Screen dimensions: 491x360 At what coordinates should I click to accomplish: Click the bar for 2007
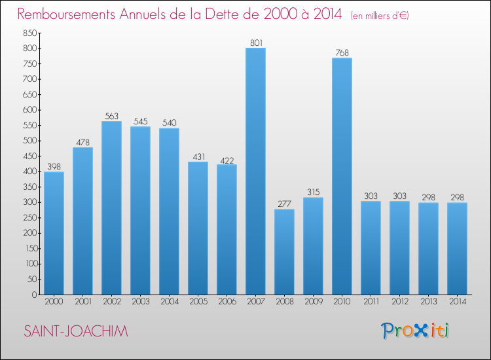pos(255,171)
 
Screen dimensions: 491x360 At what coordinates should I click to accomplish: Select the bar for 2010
pos(342,176)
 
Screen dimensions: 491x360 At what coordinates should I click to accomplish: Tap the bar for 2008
pos(284,252)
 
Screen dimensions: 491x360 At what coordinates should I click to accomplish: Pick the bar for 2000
pos(54,233)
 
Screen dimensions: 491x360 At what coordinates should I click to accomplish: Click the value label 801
pos(256,43)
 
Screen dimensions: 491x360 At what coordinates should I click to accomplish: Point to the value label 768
pos(342,53)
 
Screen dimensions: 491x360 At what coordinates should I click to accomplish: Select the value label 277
pos(284,204)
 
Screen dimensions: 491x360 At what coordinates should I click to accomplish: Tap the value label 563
pos(111,116)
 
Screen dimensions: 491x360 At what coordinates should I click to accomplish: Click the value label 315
pos(313,192)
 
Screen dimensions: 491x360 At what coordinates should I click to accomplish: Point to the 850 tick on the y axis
pos(29,33)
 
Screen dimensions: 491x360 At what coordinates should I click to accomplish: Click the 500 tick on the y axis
pos(29,141)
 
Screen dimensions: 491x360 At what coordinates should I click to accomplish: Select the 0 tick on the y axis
pos(35,295)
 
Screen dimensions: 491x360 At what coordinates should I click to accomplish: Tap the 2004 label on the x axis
pos(170,302)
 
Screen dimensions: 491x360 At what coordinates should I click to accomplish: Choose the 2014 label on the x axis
pos(458,302)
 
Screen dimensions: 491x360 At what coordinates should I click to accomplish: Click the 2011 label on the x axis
pos(371,302)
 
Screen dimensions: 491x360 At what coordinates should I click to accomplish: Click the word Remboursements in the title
pos(66,14)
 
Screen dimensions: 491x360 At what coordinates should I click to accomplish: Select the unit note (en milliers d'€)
pos(380,16)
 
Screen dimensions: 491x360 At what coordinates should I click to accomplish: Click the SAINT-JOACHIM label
pos(76,331)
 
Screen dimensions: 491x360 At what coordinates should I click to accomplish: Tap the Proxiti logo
pos(415,331)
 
